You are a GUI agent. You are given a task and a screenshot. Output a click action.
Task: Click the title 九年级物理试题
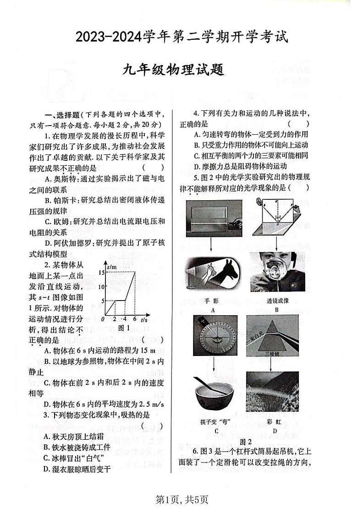click(182, 71)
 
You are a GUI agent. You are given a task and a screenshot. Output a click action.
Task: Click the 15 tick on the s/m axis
click(102, 273)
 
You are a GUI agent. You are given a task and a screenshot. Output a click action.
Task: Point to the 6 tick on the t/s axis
click(135, 319)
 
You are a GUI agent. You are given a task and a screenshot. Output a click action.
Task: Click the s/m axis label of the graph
click(111, 266)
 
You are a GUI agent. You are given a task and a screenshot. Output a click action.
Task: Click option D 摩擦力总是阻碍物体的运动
click(240, 166)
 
